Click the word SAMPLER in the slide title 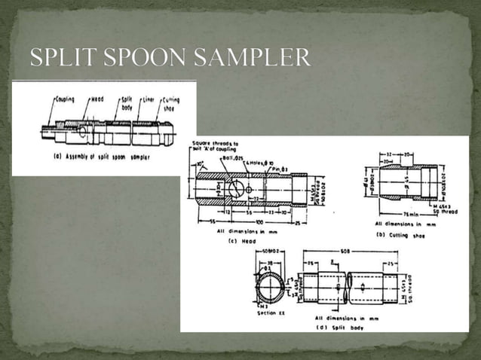coord(256,58)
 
